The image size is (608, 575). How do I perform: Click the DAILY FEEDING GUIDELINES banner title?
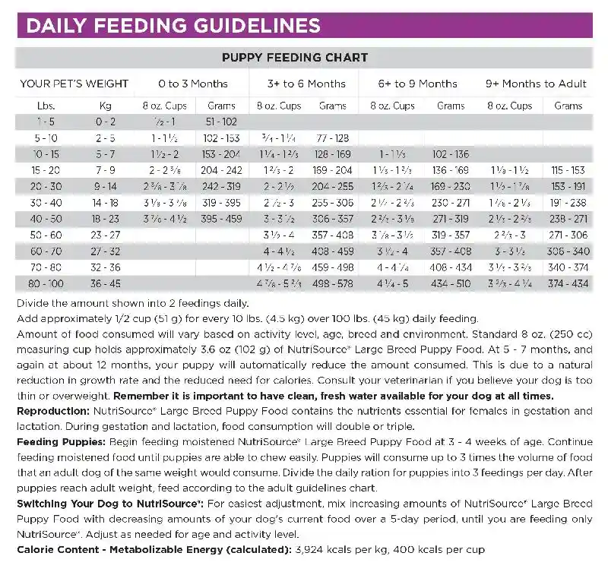click(x=173, y=27)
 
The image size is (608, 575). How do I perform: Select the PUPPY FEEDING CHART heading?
click(x=295, y=58)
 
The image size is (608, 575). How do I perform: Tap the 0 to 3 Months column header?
click(x=193, y=84)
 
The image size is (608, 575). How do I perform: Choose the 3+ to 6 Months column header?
click(x=306, y=84)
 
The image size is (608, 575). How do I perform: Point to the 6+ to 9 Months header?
click(x=419, y=84)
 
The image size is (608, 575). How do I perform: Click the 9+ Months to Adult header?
click(x=536, y=84)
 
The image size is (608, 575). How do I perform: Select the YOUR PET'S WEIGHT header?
click(x=74, y=84)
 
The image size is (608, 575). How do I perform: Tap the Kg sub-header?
click(x=105, y=106)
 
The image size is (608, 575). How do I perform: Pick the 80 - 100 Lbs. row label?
click(x=44, y=283)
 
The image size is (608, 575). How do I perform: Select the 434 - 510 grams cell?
click(x=450, y=283)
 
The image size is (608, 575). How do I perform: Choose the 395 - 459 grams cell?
click(x=221, y=219)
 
